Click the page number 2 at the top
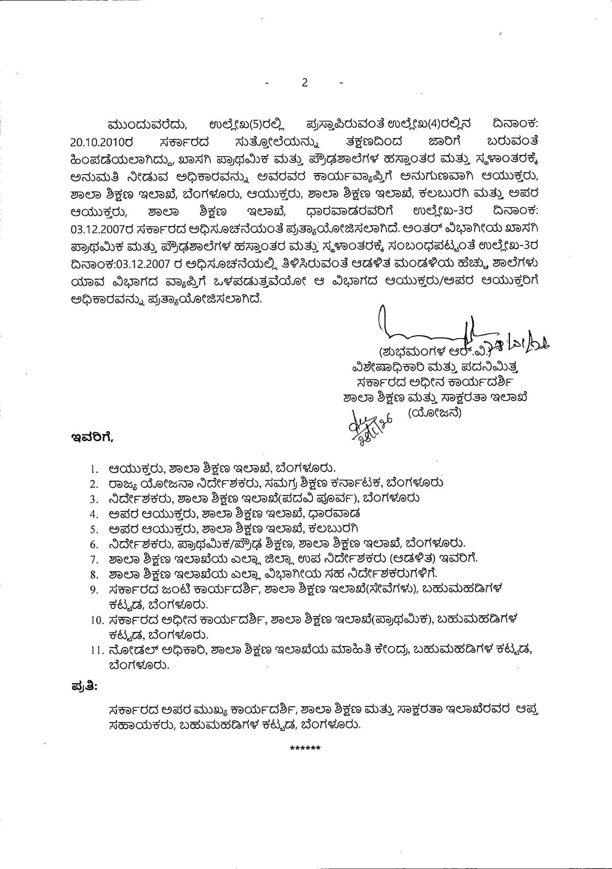coord(305,83)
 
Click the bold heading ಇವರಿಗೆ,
coord(92,437)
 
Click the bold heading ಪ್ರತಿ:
coord(83,686)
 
